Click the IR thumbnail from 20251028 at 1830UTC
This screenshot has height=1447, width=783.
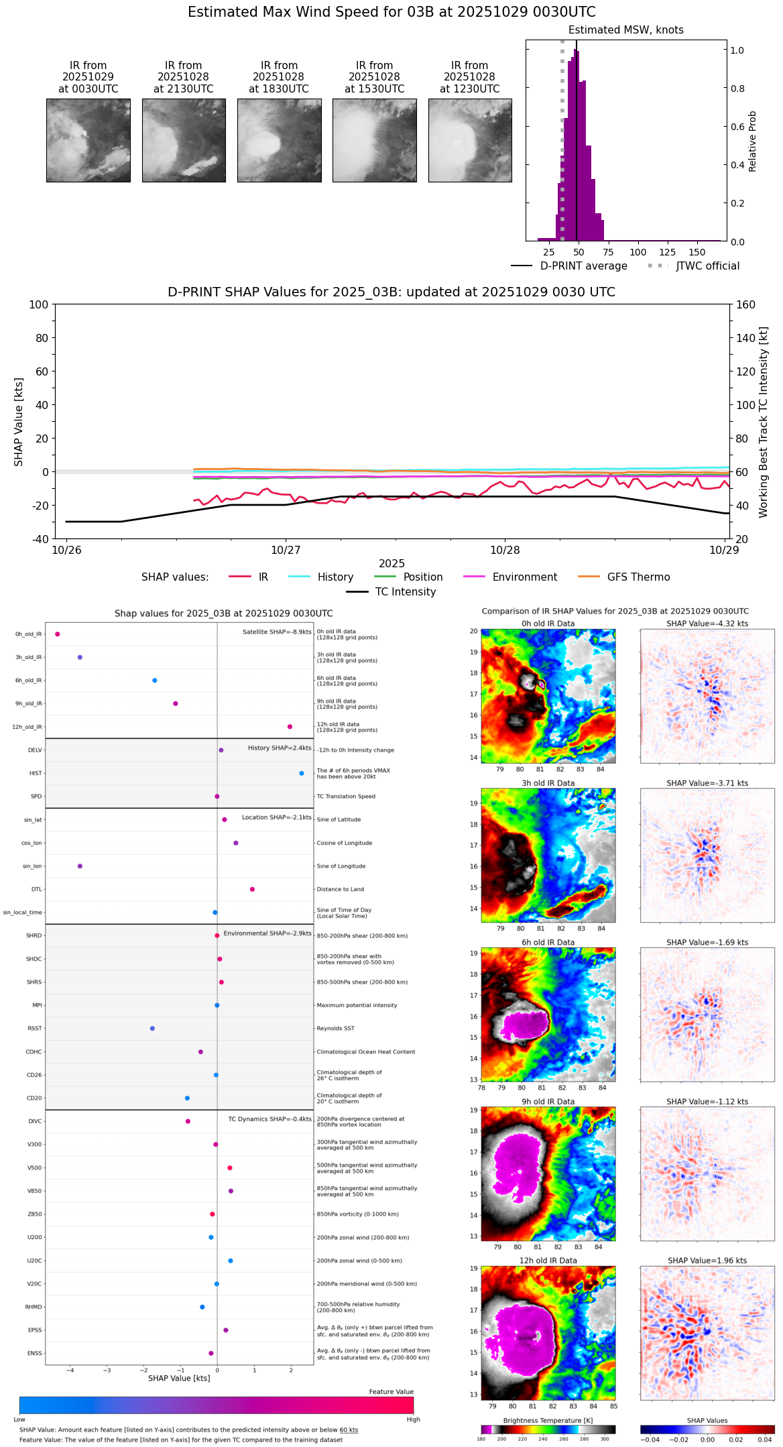(279, 140)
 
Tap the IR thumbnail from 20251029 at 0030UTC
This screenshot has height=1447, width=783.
(88, 140)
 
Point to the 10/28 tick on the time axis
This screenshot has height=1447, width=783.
(505, 550)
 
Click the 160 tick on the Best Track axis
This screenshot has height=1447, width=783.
(745, 305)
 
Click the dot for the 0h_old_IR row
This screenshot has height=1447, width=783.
(58, 634)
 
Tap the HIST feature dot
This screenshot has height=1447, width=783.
(302, 773)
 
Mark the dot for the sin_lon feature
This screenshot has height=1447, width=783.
(80, 866)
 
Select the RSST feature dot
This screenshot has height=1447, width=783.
(152, 1029)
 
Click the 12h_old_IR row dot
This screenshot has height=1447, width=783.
(290, 727)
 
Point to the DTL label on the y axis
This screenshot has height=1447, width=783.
(36, 890)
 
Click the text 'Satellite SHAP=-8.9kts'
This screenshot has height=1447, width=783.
(277, 632)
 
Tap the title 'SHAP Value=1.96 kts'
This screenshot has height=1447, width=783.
(707, 1261)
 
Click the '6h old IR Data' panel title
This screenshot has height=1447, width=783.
(548, 942)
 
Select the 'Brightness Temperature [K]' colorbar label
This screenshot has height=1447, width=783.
(548, 1420)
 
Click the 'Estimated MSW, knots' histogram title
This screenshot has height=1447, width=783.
(625, 30)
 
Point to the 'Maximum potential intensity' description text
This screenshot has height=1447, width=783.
(357, 1005)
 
